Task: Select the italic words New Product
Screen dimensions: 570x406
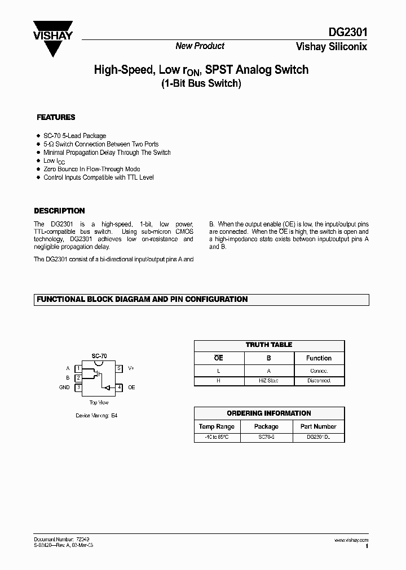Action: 200,46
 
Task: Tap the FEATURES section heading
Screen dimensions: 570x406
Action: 56,118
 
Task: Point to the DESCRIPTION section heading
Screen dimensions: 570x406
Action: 60,211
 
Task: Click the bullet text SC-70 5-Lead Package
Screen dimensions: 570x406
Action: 74,136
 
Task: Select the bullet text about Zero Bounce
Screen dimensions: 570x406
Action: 91,169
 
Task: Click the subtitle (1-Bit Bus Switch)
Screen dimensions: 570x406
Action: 201,84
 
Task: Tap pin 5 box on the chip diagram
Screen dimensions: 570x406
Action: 119,368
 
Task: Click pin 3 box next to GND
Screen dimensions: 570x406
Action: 79,388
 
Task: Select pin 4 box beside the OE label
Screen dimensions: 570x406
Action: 119,388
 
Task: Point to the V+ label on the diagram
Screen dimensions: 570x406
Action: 131,368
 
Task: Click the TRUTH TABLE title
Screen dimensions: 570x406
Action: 269,345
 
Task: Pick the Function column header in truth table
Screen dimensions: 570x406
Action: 319,358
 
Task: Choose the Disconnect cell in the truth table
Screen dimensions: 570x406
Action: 319,381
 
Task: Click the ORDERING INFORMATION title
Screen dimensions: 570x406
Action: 269,413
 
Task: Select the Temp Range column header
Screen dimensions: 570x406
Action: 217,426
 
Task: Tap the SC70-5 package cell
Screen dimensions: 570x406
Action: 266,437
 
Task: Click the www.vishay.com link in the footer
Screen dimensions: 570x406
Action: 351,540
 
